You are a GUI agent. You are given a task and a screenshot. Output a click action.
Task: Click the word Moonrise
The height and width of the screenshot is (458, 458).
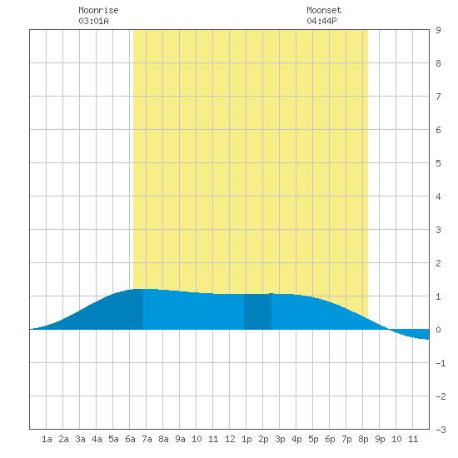pos(98,10)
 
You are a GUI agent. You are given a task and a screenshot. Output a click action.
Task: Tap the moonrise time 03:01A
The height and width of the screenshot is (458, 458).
pos(93,21)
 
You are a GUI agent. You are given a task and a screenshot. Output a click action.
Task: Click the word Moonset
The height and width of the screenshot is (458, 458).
pos(324,10)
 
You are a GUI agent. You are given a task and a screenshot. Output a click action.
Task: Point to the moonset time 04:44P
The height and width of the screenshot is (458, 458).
pos(321,21)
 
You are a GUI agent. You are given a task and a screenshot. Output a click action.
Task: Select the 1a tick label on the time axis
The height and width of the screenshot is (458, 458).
pos(47,439)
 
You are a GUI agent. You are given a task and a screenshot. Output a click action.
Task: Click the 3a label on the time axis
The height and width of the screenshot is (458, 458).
pos(80,439)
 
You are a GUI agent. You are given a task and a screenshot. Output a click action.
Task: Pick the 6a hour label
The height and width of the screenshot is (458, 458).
pos(130,439)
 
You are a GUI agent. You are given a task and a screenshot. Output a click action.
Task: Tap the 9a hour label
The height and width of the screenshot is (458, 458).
pos(180,439)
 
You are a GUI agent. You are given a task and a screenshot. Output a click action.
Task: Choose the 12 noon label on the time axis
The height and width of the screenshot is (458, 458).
pos(230,439)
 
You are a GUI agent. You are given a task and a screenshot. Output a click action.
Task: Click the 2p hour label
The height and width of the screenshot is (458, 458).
pos(263,439)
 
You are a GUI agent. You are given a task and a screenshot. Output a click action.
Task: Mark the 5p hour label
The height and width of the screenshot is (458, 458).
pos(313,439)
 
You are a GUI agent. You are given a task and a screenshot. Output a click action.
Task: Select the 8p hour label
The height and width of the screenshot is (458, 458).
pos(363,439)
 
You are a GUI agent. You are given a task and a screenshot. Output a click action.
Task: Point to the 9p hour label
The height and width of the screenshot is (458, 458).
pos(380,439)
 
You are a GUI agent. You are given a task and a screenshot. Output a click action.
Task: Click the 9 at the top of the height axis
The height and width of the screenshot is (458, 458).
pos(438,30)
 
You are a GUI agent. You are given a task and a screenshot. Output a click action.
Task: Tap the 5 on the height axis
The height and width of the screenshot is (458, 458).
pos(438,163)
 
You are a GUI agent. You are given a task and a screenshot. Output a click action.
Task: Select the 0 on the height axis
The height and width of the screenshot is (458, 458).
pos(438,330)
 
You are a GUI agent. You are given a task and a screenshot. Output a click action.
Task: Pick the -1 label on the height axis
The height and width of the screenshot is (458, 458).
pos(441,363)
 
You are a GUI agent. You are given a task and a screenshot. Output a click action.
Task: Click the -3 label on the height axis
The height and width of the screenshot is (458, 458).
pos(441,430)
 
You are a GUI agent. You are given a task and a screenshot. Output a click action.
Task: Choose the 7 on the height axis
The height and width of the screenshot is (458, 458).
pos(438,97)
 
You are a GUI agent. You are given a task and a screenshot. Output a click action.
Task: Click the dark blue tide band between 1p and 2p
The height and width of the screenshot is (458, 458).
pos(257,311)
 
